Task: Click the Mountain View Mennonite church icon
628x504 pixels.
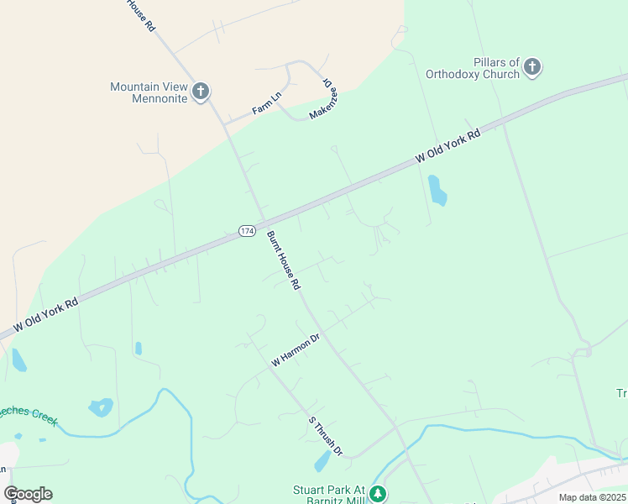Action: tap(200, 92)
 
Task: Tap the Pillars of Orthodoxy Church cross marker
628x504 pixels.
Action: tap(532, 67)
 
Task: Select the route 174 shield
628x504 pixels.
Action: tap(247, 230)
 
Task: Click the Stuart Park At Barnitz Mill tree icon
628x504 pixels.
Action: tap(379, 493)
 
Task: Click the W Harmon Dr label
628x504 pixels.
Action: tap(296, 350)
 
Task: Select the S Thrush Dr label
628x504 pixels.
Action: tap(326, 436)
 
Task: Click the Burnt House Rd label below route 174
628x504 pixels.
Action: tap(284, 261)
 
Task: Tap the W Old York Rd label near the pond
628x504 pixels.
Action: tap(448, 146)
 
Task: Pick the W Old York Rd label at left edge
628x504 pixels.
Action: tap(46, 313)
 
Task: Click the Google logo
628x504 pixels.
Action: tap(28, 494)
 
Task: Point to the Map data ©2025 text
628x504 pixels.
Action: tap(593, 497)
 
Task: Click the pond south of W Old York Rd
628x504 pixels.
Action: tap(437, 190)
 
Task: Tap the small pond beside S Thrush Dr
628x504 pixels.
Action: tap(322, 461)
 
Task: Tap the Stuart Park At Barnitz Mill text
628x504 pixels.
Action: tap(330, 493)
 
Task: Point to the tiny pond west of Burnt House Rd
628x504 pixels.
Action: tap(139, 348)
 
